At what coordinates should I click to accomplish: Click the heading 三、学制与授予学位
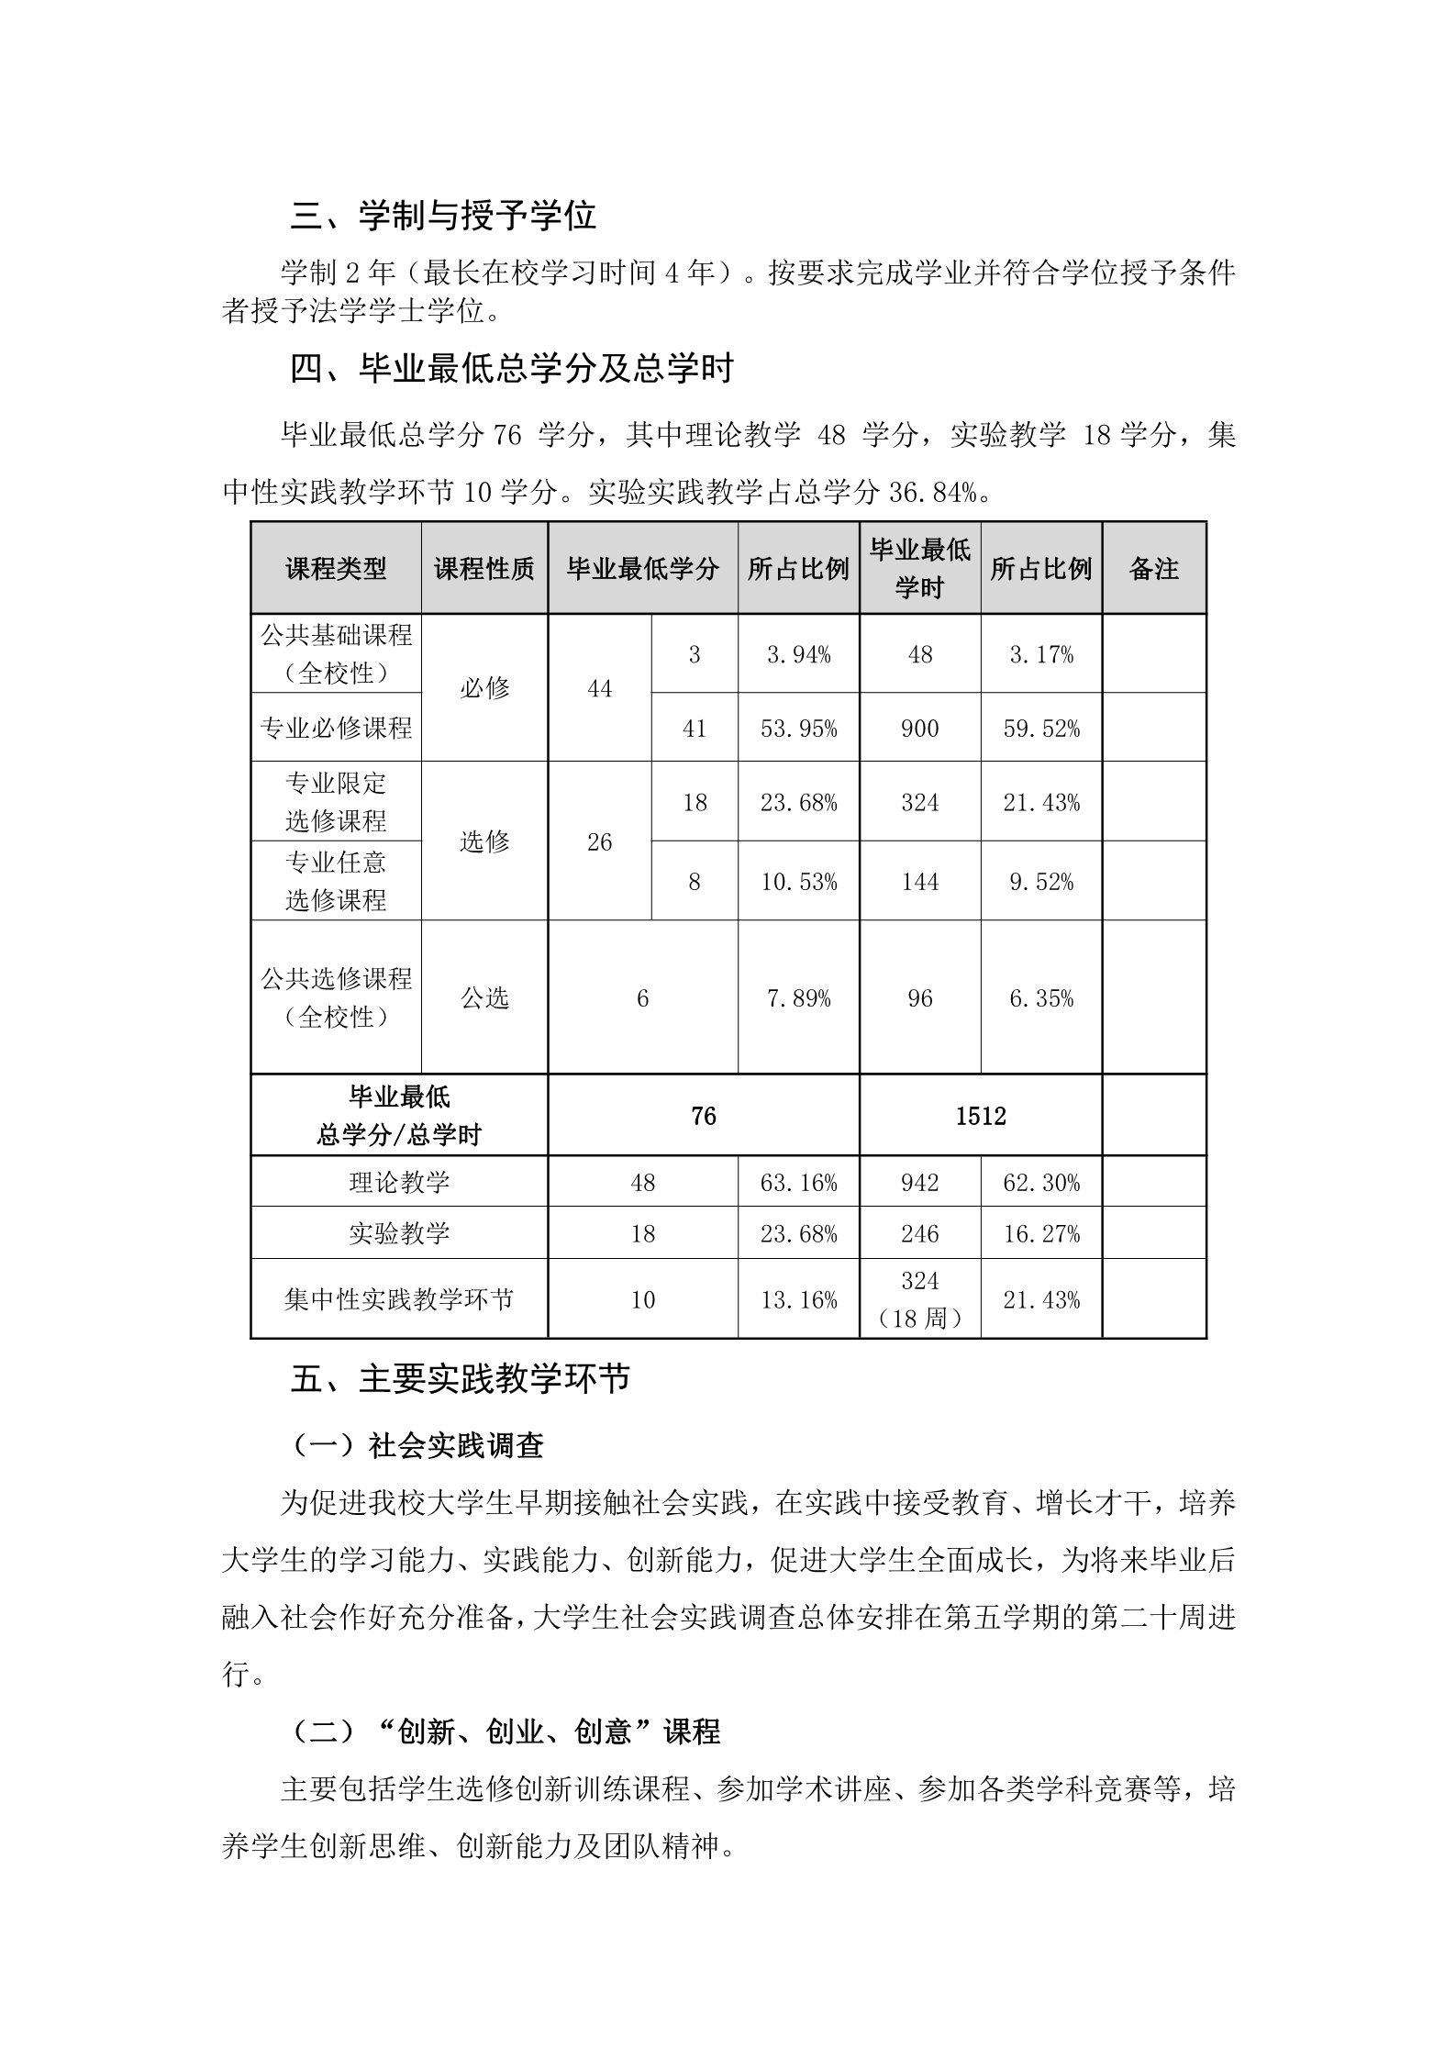click(443, 216)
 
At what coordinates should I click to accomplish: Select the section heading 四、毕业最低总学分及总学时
click(512, 369)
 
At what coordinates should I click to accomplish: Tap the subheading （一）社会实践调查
click(417, 1445)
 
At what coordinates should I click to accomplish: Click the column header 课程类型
click(336, 569)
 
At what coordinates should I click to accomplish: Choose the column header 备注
click(1153, 569)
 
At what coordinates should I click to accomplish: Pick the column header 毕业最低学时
click(919, 569)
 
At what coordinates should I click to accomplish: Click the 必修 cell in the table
click(484, 688)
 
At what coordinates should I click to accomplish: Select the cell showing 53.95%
click(798, 729)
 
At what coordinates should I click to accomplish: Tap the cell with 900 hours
click(919, 729)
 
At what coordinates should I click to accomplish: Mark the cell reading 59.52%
click(1041, 729)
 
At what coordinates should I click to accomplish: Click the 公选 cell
click(484, 997)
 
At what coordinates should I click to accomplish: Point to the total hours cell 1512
click(980, 1116)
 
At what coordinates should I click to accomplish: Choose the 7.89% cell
click(798, 997)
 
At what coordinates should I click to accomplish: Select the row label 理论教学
click(399, 1182)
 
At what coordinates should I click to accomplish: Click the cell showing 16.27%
click(1041, 1233)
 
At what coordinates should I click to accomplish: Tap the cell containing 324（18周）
click(919, 1299)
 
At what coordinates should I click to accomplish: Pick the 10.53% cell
click(798, 882)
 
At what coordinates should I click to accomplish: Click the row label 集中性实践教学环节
click(399, 1299)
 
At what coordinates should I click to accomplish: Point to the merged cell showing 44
click(599, 688)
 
